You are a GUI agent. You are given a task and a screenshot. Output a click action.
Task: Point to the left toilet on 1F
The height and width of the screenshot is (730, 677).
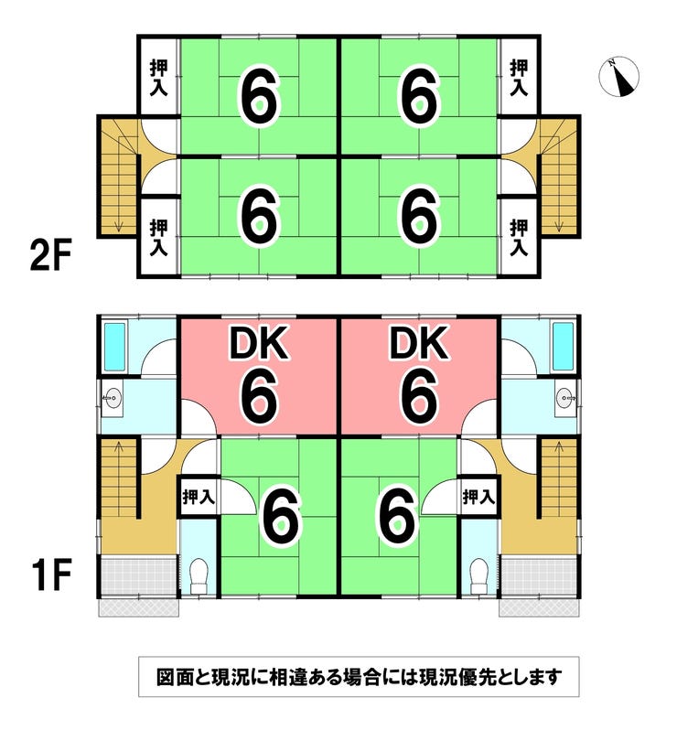[x=198, y=574]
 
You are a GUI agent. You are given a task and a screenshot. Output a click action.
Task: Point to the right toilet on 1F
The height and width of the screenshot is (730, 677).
[x=478, y=574]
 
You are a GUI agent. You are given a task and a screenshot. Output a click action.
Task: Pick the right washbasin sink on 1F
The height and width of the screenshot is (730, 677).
[x=564, y=398]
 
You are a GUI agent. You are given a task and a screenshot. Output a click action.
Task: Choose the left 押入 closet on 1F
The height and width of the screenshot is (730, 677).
[x=198, y=498]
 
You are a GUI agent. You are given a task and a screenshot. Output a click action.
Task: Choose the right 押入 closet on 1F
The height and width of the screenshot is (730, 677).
[x=478, y=498]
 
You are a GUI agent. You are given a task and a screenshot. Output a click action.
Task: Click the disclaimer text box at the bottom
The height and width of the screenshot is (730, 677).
[x=358, y=678]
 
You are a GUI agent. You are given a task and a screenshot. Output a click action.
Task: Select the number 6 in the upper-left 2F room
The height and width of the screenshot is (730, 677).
[x=259, y=95]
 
